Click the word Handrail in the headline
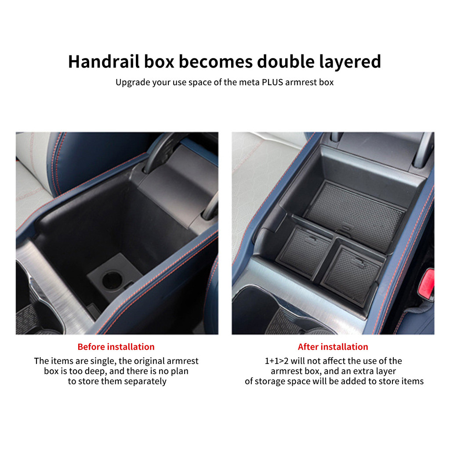[x=104, y=62]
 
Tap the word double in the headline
[x=286, y=62]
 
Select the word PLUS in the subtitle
[x=272, y=82]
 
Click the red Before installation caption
[x=116, y=347]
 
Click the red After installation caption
[x=333, y=347]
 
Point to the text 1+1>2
[x=276, y=361]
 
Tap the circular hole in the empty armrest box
[x=112, y=280]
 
